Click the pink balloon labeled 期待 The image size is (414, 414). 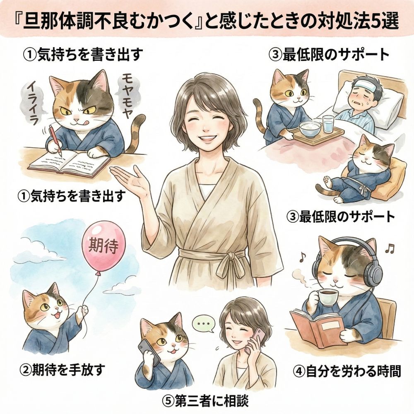(104, 247)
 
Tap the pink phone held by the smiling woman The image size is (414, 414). (254, 341)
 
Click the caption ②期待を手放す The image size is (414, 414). (63, 370)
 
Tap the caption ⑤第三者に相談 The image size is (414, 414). (205, 401)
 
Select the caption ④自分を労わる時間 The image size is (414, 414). (347, 371)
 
